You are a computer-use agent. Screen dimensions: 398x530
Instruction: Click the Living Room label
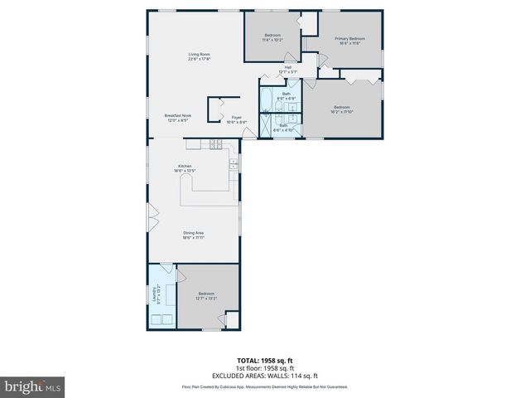point(199,56)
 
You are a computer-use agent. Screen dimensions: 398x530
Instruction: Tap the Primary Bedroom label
point(349,41)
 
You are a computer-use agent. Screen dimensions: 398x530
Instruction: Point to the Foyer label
point(236,119)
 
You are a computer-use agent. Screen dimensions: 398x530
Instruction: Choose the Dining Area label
point(194,235)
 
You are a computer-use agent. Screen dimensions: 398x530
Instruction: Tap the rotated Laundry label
point(155,294)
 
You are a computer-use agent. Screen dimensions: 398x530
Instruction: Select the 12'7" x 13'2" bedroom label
point(206,296)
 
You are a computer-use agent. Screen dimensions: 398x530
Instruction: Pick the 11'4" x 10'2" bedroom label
point(272,37)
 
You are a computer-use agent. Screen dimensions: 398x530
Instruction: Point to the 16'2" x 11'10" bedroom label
point(342,109)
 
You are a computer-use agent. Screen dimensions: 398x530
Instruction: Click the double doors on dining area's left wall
point(151,219)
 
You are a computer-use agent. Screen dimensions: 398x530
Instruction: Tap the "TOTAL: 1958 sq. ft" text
point(265,361)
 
